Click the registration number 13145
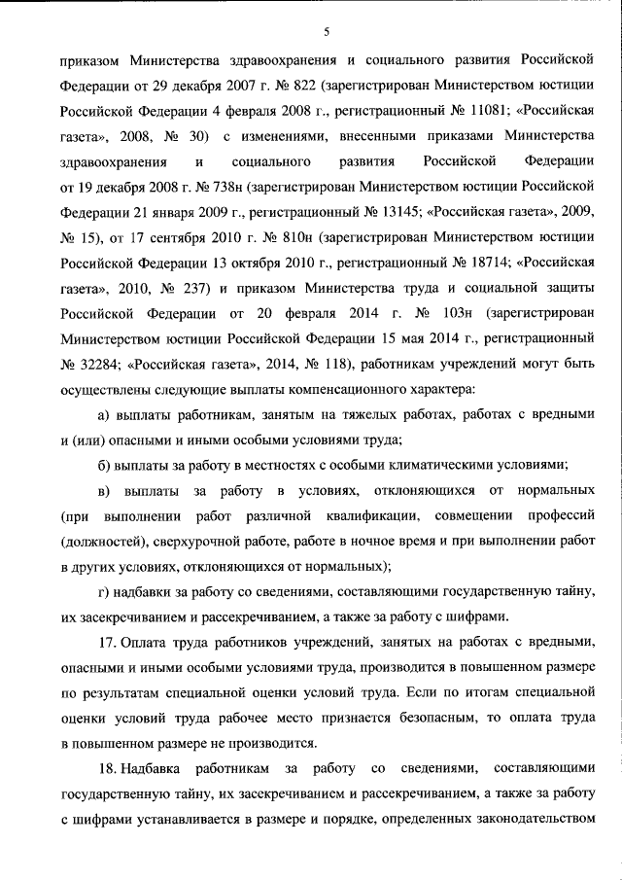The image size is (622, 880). click(382, 210)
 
